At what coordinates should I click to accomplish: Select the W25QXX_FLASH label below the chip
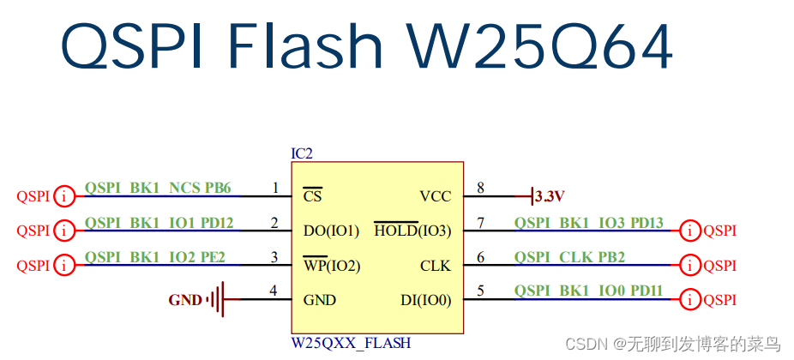click(x=351, y=343)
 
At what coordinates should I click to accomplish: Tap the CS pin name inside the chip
click(x=312, y=196)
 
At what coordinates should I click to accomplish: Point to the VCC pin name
click(x=435, y=196)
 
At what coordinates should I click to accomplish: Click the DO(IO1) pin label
click(x=331, y=231)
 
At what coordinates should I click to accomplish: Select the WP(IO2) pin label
click(x=331, y=266)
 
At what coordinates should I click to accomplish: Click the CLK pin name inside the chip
click(x=436, y=266)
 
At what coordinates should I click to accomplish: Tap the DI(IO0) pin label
click(x=425, y=300)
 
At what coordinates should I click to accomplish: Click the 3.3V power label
click(x=549, y=196)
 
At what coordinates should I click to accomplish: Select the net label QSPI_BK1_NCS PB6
click(x=157, y=188)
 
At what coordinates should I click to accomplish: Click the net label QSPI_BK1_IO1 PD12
click(x=159, y=223)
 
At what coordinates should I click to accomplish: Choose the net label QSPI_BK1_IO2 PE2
click(x=154, y=257)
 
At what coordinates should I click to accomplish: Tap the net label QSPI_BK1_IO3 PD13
click(x=589, y=223)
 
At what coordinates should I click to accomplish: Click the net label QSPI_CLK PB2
click(x=569, y=257)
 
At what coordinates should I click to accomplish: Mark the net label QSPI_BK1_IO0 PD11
click(x=588, y=291)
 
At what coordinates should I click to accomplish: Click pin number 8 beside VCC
click(x=480, y=188)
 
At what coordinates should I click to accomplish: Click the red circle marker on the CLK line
click(x=689, y=265)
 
